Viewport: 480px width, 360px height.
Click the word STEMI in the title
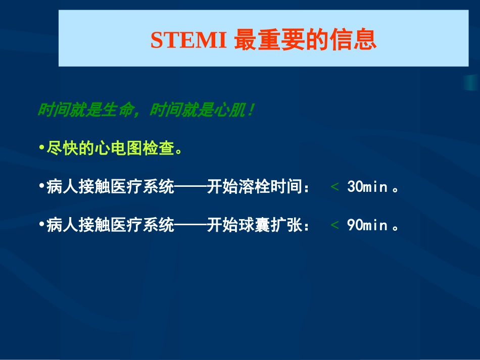pyautogui.click(x=188, y=41)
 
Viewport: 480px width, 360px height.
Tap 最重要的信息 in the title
pyautogui.click(x=306, y=41)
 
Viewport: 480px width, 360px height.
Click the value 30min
pyautogui.click(x=367, y=187)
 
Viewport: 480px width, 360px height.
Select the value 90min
pyautogui.click(x=367, y=225)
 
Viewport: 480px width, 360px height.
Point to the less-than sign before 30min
pyautogui.click(x=334, y=187)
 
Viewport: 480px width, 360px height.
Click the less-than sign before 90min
pyautogui.click(x=334, y=225)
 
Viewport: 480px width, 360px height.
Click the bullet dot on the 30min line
pyautogui.click(x=41, y=187)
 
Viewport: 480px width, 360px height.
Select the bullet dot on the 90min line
pyautogui.click(x=41, y=225)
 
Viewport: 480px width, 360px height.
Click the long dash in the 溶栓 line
pyautogui.click(x=190, y=187)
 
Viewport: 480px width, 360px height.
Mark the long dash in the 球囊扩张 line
pyautogui.click(x=190, y=225)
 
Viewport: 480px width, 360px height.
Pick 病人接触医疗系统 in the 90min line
pyautogui.click(x=110, y=225)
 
